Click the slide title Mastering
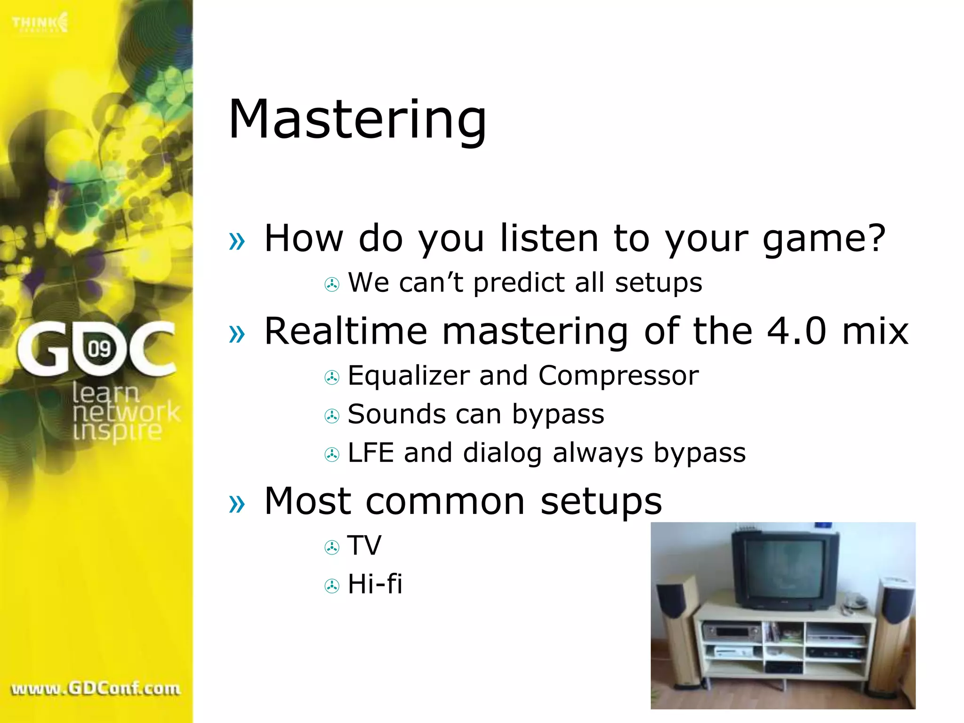coord(357,120)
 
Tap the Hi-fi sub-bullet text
coord(375,584)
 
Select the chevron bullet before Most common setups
coord(237,504)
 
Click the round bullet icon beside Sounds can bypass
coord(332,416)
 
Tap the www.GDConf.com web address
coord(96,689)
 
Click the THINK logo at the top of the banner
coord(40,23)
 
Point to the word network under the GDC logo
coord(126,412)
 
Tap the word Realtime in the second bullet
coord(345,331)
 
